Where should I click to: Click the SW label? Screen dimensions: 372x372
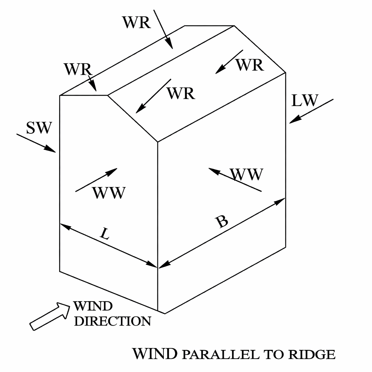click(x=39, y=128)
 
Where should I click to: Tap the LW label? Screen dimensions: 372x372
click(x=305, y=101)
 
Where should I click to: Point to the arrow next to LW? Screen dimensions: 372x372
click(x=311, y=111)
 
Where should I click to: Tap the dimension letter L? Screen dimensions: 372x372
click(x=104, y=235)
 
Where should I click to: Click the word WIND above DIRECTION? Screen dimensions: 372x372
click(x=93, y=306)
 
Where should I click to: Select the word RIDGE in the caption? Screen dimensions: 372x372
click(x=312, y=354)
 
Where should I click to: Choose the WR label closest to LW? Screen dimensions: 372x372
click(x=249, y=65)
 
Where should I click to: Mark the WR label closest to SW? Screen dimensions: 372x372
click(x=77, y=69)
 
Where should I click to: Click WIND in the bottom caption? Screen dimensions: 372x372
click(x=155, y=353)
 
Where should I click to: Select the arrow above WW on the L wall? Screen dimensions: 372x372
click(x=96, y=180)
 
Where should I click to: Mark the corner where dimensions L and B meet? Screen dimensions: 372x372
click(x=158, y=268)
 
